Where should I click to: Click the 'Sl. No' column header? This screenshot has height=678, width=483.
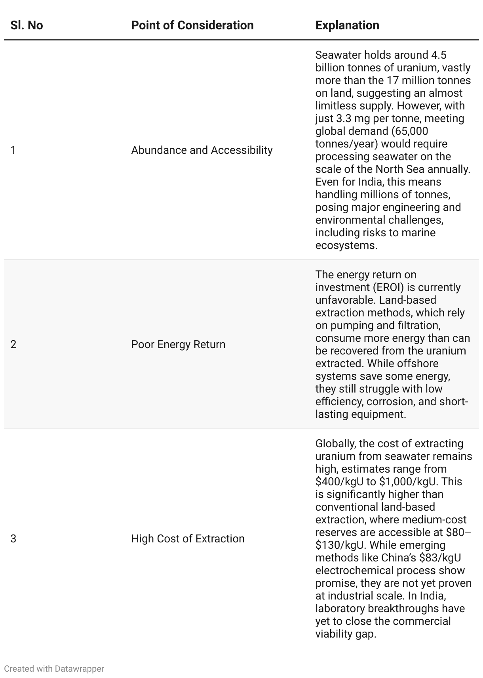pyautogui.click(x=27, y=25)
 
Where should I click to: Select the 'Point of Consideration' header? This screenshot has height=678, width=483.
pyautogui.click(x=192, y=25)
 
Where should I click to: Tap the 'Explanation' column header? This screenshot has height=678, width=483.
pyautogui.click(x=347, y=25)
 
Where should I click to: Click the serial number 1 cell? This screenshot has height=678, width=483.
pyautogui.click(x=13, y=150)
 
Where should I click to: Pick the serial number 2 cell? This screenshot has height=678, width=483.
pyautogui.click(x=13, y=345)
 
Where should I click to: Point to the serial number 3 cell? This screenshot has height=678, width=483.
pyautogui.click(x=13, y=539)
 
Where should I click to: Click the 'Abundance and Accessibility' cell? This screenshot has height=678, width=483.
pyautogui.click(x=202, y=150)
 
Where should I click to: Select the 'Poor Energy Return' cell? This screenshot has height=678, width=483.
pyautogui.click(x=178, y=345)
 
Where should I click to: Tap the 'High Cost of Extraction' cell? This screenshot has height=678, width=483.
pyautogui.click(x=188, y=539)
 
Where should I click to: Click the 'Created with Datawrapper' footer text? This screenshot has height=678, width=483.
pyautogui.click(x=54, y=669)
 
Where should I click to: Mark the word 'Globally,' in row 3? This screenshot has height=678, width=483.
pyautogui.click(x=336, y=444)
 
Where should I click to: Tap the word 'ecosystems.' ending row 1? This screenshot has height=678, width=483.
pyautogui.click(x=346, y=245)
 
